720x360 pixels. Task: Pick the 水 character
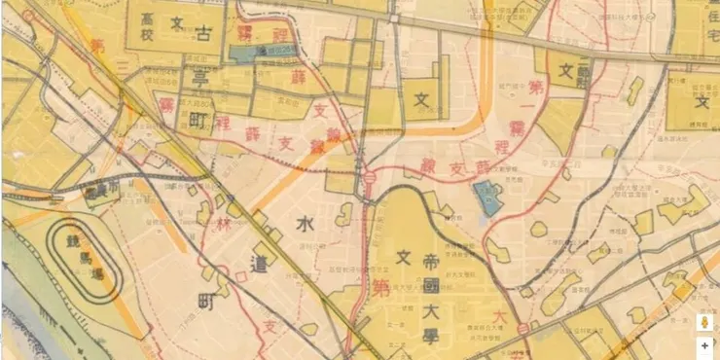click(x=305, y=225)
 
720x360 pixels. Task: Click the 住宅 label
click(x=707, y=28)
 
